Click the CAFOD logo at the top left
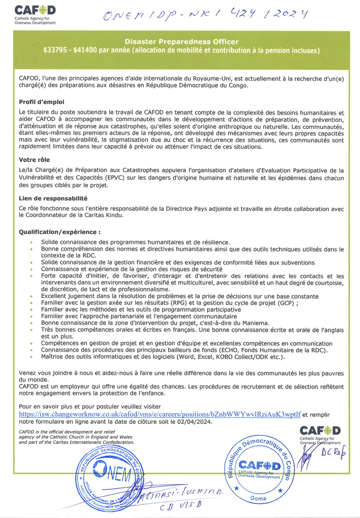35,14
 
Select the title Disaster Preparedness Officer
181,41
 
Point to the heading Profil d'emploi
38,102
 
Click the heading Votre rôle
33,159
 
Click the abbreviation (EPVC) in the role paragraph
154,178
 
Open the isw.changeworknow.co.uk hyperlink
159,414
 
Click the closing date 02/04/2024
196,421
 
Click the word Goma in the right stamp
259,498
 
